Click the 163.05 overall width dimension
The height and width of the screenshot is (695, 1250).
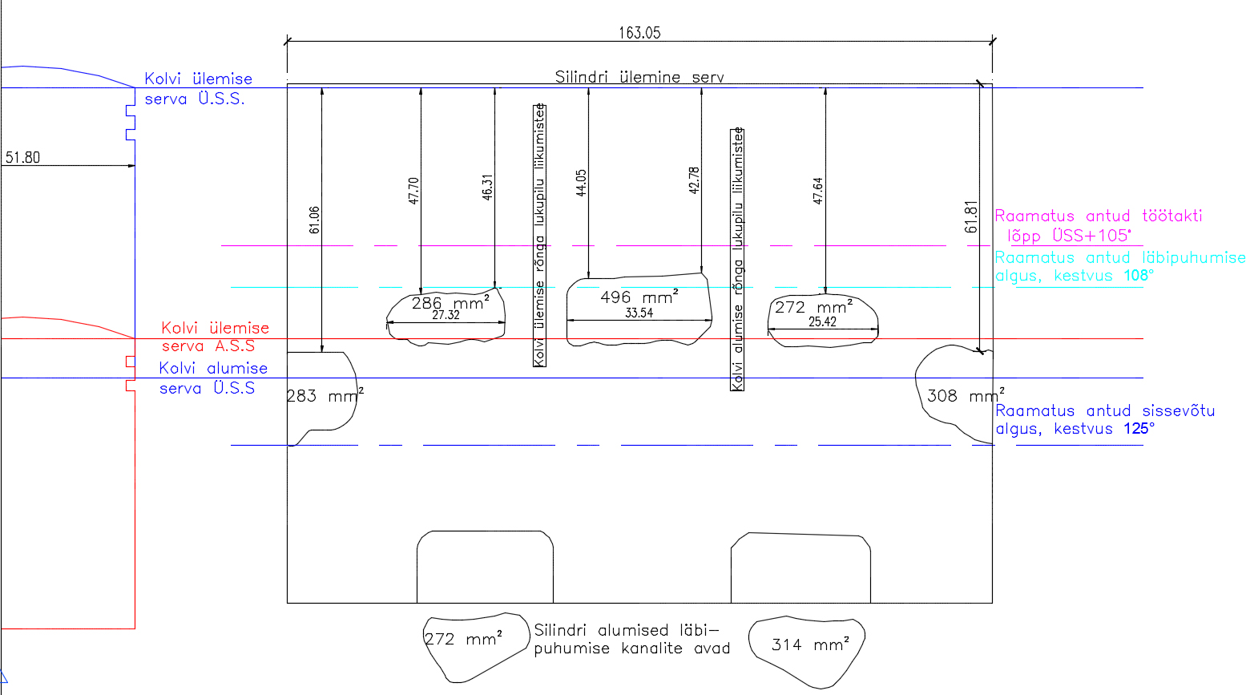click(639, 33)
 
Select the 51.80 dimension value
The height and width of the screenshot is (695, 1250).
click(23, 158)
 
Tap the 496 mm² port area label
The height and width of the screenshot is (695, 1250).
click(639, 297)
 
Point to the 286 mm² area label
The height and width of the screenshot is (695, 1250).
click(450, 303)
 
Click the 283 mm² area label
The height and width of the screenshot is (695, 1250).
click(325, 396)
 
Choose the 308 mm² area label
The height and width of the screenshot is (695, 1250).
click(966, 396)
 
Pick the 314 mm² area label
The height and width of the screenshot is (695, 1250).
click(810, 644)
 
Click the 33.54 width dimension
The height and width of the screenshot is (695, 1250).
click(639, 313)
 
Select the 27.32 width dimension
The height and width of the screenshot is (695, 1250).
click(446, 315)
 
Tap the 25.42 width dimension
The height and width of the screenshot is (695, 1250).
click(823, 322)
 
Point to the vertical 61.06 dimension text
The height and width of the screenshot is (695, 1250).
click(315, 220)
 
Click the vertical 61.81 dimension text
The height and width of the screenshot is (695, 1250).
click(971, 216)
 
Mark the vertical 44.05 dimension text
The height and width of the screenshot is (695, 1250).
click(582, 183)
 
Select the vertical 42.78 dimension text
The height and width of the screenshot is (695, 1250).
click(694, 180)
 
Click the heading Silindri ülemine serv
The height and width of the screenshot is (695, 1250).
click(639, 77)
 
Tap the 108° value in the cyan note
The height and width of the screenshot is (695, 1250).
click(1139, 276)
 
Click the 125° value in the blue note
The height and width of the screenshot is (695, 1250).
click(1139, 429)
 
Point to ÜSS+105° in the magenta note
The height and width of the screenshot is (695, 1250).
click(1091, 236)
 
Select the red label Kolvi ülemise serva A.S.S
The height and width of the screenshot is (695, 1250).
click(216, 337)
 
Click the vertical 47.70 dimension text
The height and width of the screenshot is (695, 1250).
click(413, 191)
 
